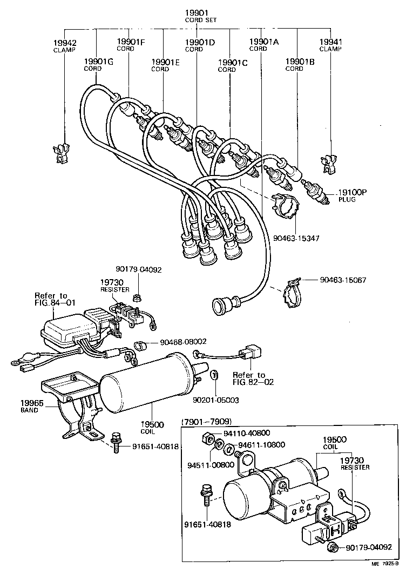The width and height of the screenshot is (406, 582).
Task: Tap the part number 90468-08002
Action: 184,342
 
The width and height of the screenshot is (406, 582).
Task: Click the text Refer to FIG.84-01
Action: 51,299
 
